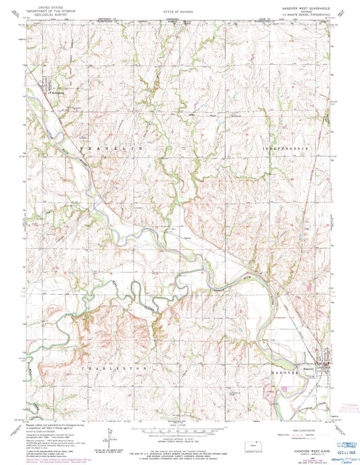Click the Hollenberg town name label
coord(60,87)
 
